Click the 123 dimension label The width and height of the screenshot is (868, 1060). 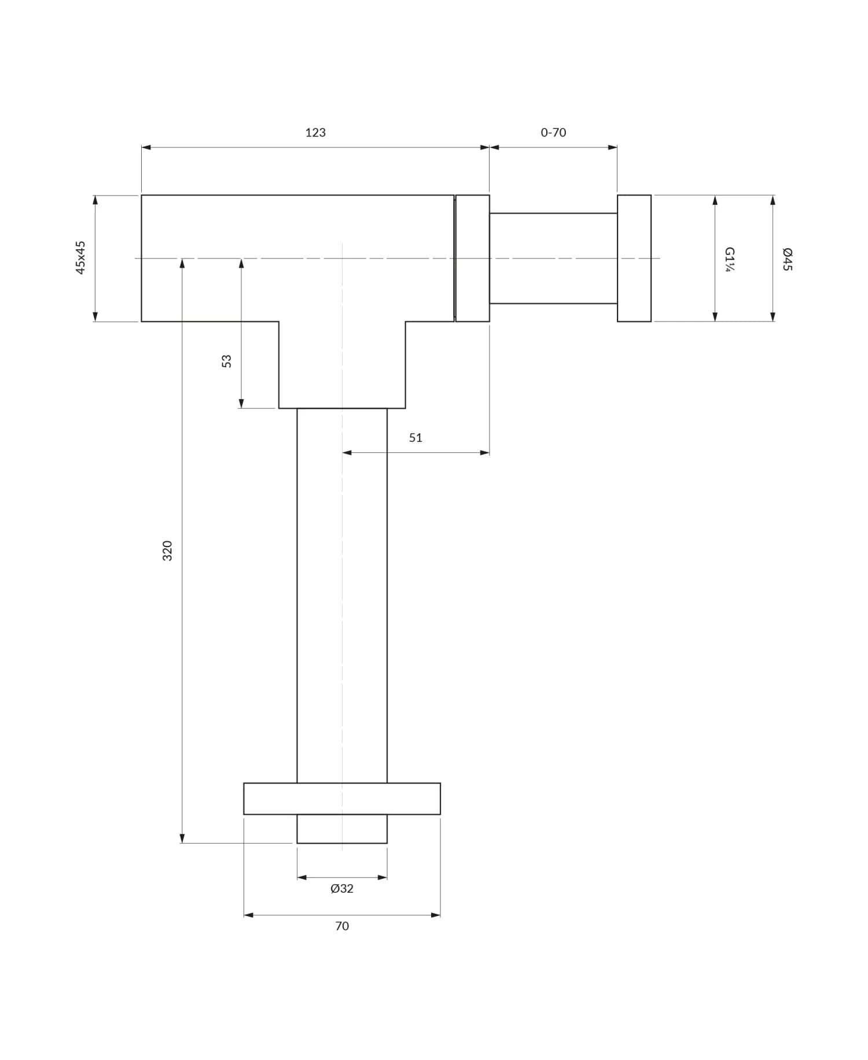pos(315,132)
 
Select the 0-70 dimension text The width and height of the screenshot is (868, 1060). pos(553,132)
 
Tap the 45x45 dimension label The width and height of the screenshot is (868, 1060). pos(80,258)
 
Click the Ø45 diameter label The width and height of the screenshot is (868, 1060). pos(788,259)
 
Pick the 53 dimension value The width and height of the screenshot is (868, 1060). pos(226,361)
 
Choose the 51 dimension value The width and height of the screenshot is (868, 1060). pos(415,438)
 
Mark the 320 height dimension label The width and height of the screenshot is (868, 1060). pos(167,551)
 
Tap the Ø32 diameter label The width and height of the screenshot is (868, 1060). pos(342,888)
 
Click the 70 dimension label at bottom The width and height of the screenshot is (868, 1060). pos(342,926)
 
